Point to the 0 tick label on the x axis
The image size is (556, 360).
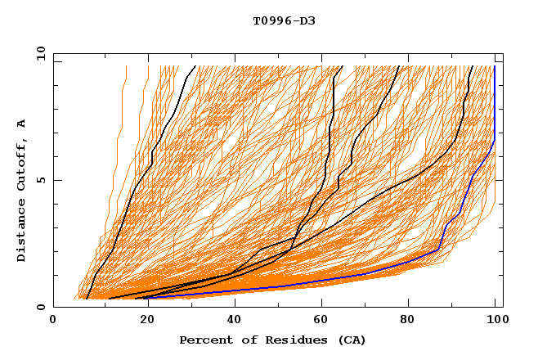tap(54, 322)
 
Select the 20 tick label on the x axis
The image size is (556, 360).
tap(142, 322)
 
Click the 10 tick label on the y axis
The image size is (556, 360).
tap(40, 52)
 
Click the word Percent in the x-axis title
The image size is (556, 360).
tap(204, 340)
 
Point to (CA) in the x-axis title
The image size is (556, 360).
tap(351, 340)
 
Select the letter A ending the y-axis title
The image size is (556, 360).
tap(22, 123)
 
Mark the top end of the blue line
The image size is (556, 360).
tap(495, 66)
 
